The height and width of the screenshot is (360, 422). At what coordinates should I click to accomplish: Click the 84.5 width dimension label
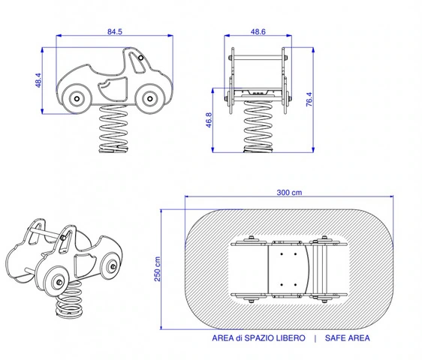pos(115,31)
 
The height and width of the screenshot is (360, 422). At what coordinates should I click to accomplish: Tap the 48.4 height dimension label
pos(38,80)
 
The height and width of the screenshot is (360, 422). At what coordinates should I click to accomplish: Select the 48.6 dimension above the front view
pos(258,31)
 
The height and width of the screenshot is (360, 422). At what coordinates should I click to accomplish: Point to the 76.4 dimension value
pos(309,99)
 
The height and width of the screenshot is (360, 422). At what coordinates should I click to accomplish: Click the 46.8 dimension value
pos(209,120)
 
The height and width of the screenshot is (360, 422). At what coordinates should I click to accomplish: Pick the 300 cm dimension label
pos(289,193)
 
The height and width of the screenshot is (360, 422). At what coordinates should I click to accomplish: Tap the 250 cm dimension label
pos(158,268)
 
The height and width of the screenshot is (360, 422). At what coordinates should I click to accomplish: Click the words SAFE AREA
pos(347,338)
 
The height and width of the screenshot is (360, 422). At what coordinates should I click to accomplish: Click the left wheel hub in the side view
pos(77,99)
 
